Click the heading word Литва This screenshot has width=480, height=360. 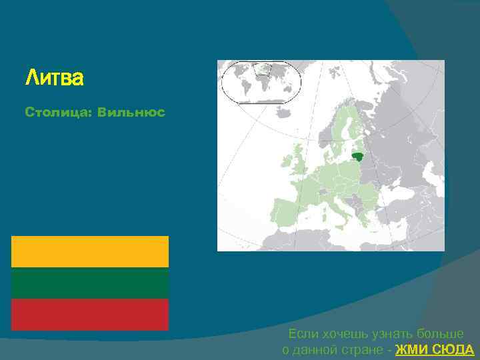(x=55, y=79)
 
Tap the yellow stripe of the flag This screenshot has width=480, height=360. (x=90, y=251)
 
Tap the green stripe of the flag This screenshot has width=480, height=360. (x=90, y=283)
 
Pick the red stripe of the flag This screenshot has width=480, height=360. (x=90, y=314)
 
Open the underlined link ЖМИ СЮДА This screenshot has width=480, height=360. (x=435, y=350)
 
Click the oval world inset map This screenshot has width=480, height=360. (x=261, y=81)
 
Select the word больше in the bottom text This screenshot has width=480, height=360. (x=439, y=334)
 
